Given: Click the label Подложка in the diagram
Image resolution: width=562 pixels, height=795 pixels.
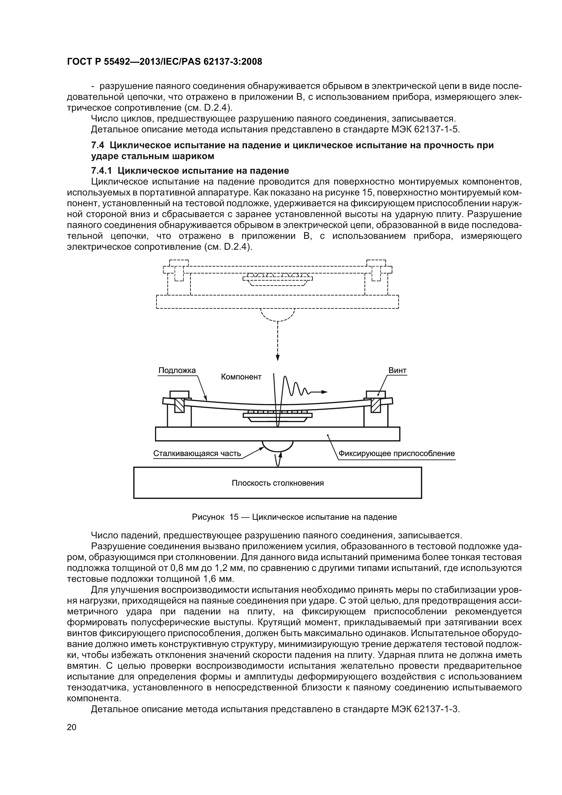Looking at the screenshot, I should pyautogui.click(x=177, y=370).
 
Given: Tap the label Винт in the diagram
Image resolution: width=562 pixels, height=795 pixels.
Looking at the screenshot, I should pyautogui.click(x=397, y=370).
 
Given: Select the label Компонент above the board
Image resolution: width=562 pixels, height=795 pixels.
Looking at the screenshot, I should pyautogui.click(x=241, y=377).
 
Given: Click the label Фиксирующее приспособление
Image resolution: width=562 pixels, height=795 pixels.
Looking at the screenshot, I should pyautogui.click(x=397, y=454).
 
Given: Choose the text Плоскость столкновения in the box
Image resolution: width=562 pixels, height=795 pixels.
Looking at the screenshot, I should pyautogui.click(x=277, y=483).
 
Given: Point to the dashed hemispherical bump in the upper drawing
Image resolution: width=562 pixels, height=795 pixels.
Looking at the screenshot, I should pyautogui.click(x=277, y=314).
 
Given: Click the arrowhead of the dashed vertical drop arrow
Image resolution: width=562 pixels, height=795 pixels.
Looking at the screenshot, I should pyautogui.click(x=277, y=358).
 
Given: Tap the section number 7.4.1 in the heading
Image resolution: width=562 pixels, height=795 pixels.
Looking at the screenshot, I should pyautogui.click(x=102, y=171).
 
